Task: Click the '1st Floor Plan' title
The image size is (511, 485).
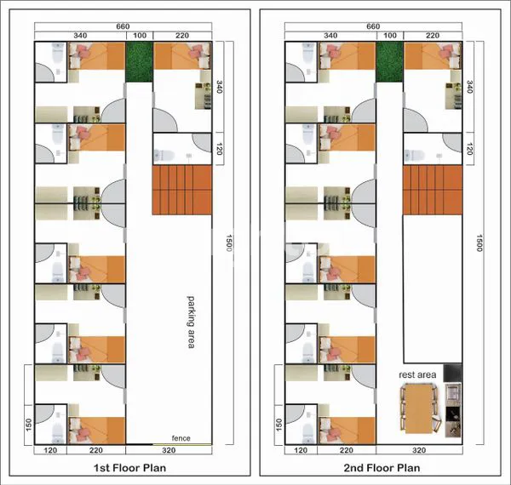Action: tap(129, 468)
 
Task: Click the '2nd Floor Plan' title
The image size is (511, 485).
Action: tap(382, 468)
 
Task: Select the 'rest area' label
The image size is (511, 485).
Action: tap(417, 374)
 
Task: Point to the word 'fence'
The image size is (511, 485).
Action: tap(181, 438)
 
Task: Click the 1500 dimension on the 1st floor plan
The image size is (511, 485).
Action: tap(229, 242)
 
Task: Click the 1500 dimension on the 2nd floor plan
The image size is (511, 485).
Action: tap(479, 242)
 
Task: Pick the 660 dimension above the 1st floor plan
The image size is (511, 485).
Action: tap(123, 26)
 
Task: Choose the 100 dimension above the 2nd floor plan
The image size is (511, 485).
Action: tap(390, 36)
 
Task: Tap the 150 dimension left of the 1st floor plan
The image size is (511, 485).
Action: tap(28, 425)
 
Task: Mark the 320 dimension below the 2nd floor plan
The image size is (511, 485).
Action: tap(419, 450)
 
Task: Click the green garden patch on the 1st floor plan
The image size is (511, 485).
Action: tap(139, 62)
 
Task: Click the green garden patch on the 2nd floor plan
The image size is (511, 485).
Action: tap(389, 62)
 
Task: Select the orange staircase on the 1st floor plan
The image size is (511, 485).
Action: tap(182, 190)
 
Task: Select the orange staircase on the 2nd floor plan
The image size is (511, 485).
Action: tap(433, 190)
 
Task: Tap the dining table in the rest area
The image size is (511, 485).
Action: tap(418, 408)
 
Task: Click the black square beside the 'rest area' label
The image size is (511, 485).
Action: tap(453, 373)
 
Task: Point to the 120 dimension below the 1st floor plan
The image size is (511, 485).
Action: tap(50, 450)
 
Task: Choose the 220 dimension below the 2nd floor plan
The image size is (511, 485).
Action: tap(346, 450)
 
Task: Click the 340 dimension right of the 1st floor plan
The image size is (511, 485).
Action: tap(220, 87)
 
